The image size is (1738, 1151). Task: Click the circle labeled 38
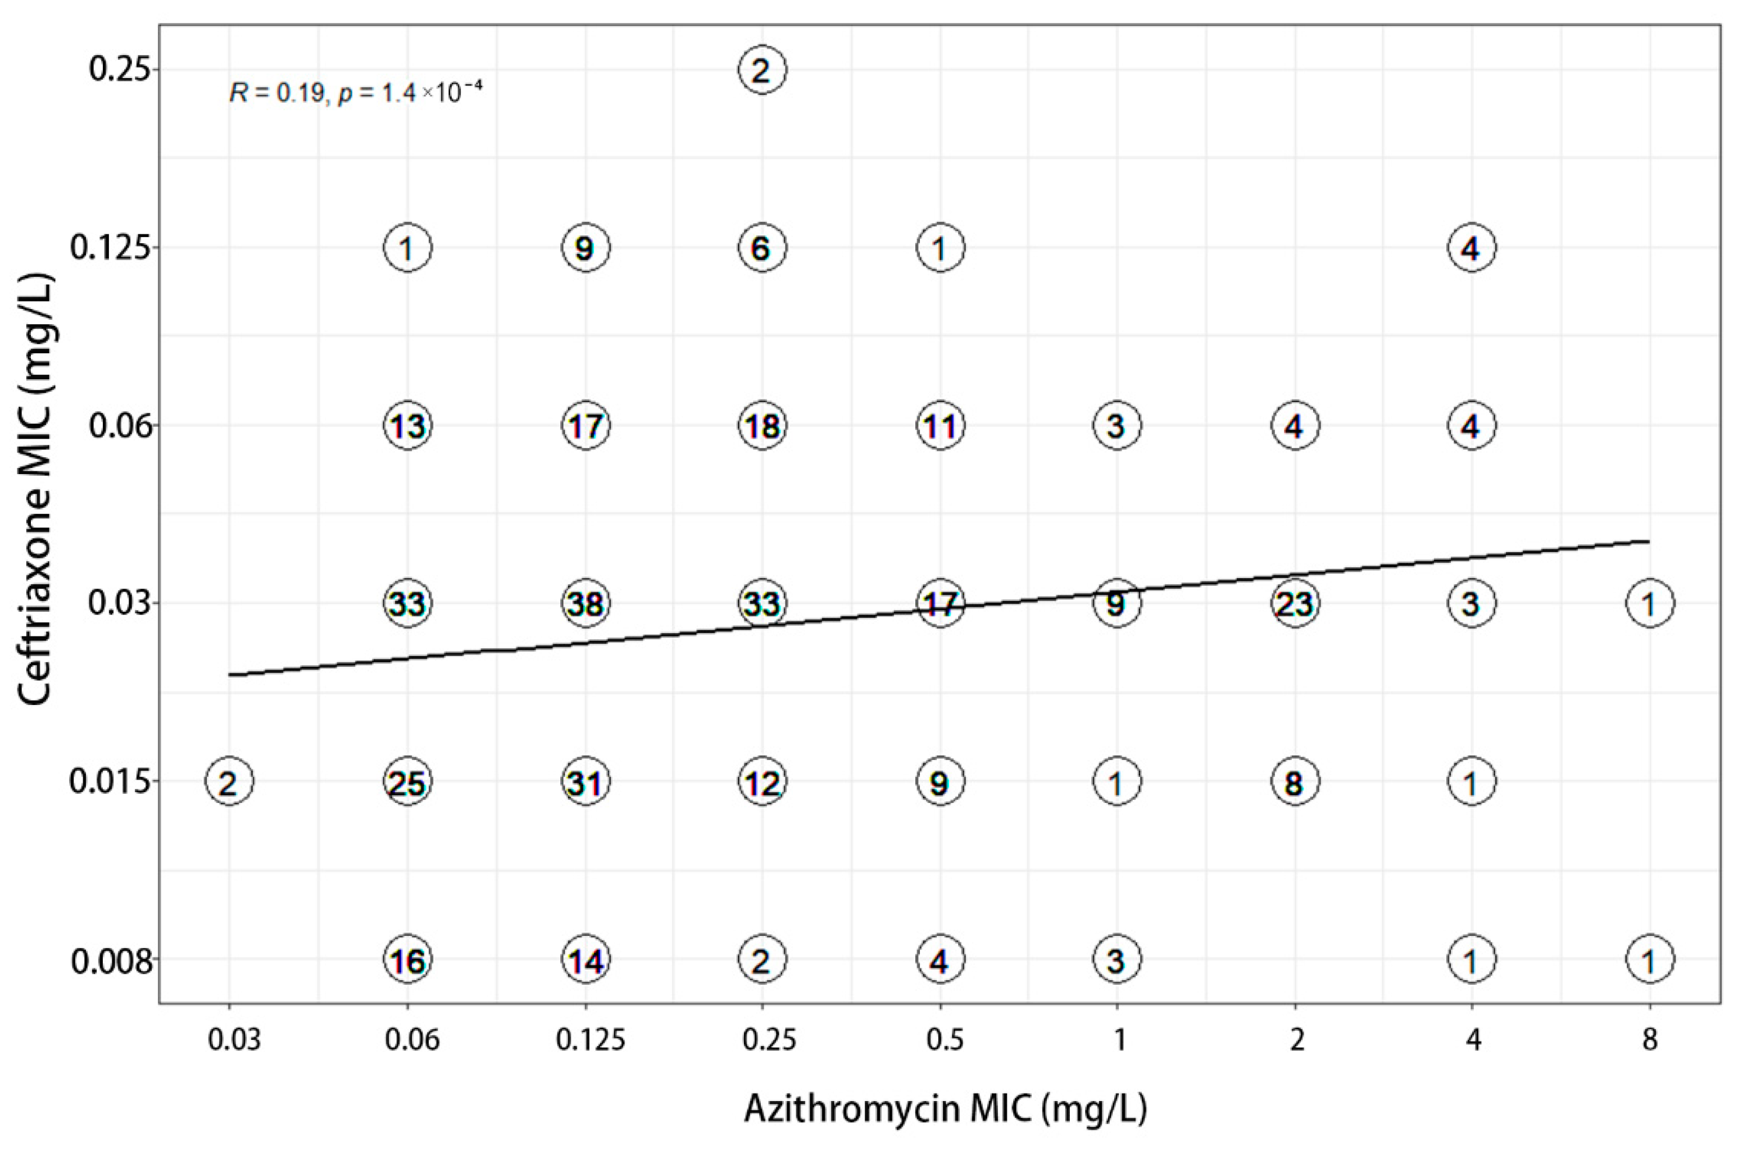tap(585, 603)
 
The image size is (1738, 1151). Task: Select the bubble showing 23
tap(1295, 603)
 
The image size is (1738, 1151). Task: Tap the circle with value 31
tap(585, 782)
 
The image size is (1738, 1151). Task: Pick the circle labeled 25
tap(407, 782)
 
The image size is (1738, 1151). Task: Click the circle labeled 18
tap(762, 425)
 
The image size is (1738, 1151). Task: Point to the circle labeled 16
tap(407, 959)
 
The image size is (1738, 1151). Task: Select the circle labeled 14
tap(585, 959)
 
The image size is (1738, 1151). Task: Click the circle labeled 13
tap(407, 425)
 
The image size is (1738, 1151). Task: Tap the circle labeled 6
tap(762, 247)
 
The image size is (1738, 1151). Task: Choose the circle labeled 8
tap(1295, 782)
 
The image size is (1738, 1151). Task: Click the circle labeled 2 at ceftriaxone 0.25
tap(762, 70)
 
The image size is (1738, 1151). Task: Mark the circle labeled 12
tap(762, 782)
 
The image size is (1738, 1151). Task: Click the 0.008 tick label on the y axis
tap(114, 960)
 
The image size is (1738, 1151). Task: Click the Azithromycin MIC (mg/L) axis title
tap(945, 1108)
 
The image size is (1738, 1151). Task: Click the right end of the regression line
tap(1649, 541)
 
